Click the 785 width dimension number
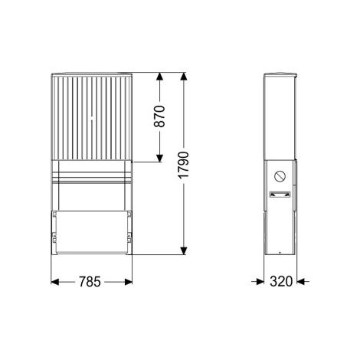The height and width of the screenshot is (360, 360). click(x=90, y=282)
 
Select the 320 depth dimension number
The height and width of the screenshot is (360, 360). click(x=281, y=282)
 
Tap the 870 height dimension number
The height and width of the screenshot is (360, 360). click(x=160, y=116)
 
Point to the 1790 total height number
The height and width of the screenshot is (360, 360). click(x=183, y=165)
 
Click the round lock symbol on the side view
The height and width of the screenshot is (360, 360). click(x=280, y=176)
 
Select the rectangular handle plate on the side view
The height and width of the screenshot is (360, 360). click(x=280, y=195)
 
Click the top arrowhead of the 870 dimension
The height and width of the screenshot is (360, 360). click(x=159, y=77)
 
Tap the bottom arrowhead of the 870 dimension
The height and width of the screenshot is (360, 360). click(x=159, y=158)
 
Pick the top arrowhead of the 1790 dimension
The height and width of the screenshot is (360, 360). click(x=184, y=77)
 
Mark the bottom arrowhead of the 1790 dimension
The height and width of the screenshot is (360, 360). click(x=184, y=250)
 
